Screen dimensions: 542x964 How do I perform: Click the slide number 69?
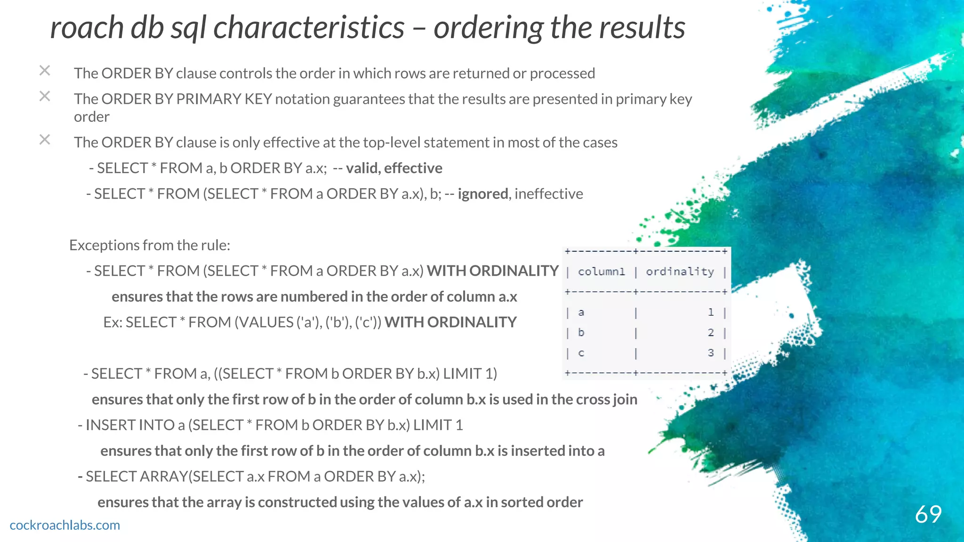(x=928, y=514)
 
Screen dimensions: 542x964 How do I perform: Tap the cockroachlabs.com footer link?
(x=65, y=525)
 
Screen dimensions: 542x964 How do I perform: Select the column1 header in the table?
(x=601, y=272)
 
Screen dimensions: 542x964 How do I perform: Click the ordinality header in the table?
(x=680, y=272)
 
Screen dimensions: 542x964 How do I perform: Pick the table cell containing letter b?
(x=581, y=333)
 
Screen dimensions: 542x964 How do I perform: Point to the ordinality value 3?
(x=711, y=353)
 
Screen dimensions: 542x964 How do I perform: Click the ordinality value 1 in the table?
(x=711, y=312)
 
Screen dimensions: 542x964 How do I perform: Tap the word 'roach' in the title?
(x=87, y=27)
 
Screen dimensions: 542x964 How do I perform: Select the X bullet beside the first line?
(x=45, y=71)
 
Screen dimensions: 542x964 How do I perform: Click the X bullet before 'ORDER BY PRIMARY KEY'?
(x=45, y=96)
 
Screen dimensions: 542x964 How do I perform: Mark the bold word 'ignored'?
(x=483, y=194)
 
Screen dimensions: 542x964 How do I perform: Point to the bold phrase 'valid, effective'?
(x=394, y=168)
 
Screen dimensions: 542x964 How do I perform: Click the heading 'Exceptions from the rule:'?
(x=150, y=245)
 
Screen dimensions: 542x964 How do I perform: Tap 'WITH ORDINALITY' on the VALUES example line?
(x=450, y=322)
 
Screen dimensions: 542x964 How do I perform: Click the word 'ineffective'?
(x=549, y=194)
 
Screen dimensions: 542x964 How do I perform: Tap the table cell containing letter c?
(x=581, y=353)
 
